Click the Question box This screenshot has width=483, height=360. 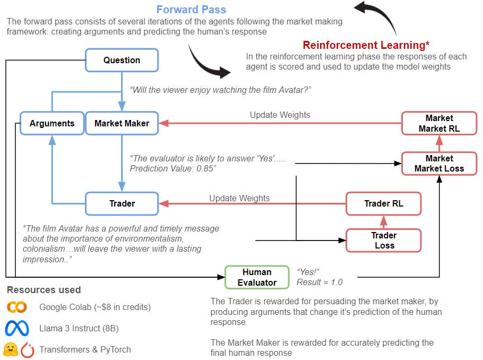click(x=122, y=60)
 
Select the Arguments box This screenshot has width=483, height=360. click(x=52, y=123)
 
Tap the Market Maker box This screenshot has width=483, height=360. click(x=122, y=123)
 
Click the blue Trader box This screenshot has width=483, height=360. click(x=122, y=203)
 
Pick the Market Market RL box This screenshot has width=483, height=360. click(x=439, y=123)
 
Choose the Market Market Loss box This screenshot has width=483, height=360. click(x=439, y=164)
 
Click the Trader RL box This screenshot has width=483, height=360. click(x=384, y=203)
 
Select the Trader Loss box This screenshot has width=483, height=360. click(x=384, y=240)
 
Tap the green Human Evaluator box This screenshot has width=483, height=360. click(x=257, y=277)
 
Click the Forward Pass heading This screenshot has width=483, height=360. click(x=191, y=10)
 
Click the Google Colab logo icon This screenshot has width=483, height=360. click(x=17, y=307)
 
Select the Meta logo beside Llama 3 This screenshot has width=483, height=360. click(x=17, y=329)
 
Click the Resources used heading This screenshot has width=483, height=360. click(x=44, y=290)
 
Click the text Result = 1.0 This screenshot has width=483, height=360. click(x=320, y=282)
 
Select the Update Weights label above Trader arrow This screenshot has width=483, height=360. click(x=239, y=198)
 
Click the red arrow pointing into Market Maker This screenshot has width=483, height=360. click(x=165, y=123)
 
